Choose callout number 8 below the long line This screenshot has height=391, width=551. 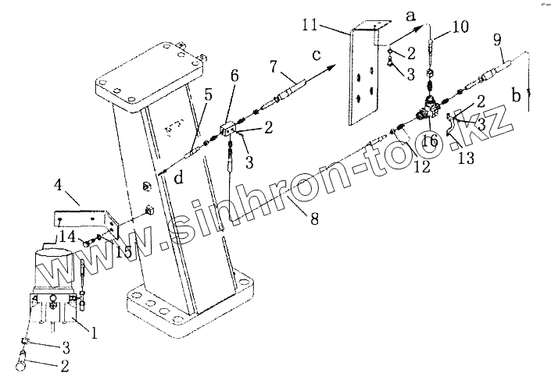pos(313,220)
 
